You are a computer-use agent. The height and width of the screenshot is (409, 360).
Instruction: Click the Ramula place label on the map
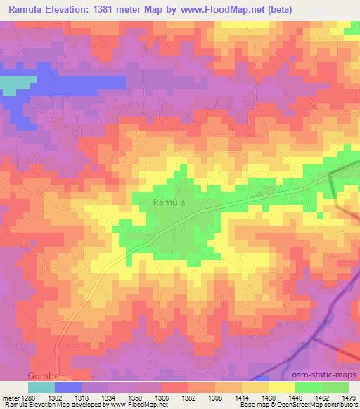pos(169,202)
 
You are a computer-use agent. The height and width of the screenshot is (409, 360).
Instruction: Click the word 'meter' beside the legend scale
pos(11,397)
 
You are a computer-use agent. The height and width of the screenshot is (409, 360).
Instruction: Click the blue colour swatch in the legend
pos(67,387)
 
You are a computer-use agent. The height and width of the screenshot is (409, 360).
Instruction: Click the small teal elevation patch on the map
pos(10,84)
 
